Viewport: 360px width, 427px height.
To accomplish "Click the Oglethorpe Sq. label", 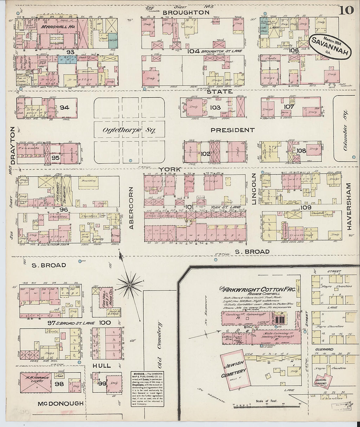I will tap(124, 130).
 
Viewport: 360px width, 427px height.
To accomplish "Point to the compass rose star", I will tap(130, 285).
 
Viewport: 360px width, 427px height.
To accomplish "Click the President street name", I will tap(232, 130).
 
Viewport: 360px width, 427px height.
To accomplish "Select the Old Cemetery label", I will tap(159, 345).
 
